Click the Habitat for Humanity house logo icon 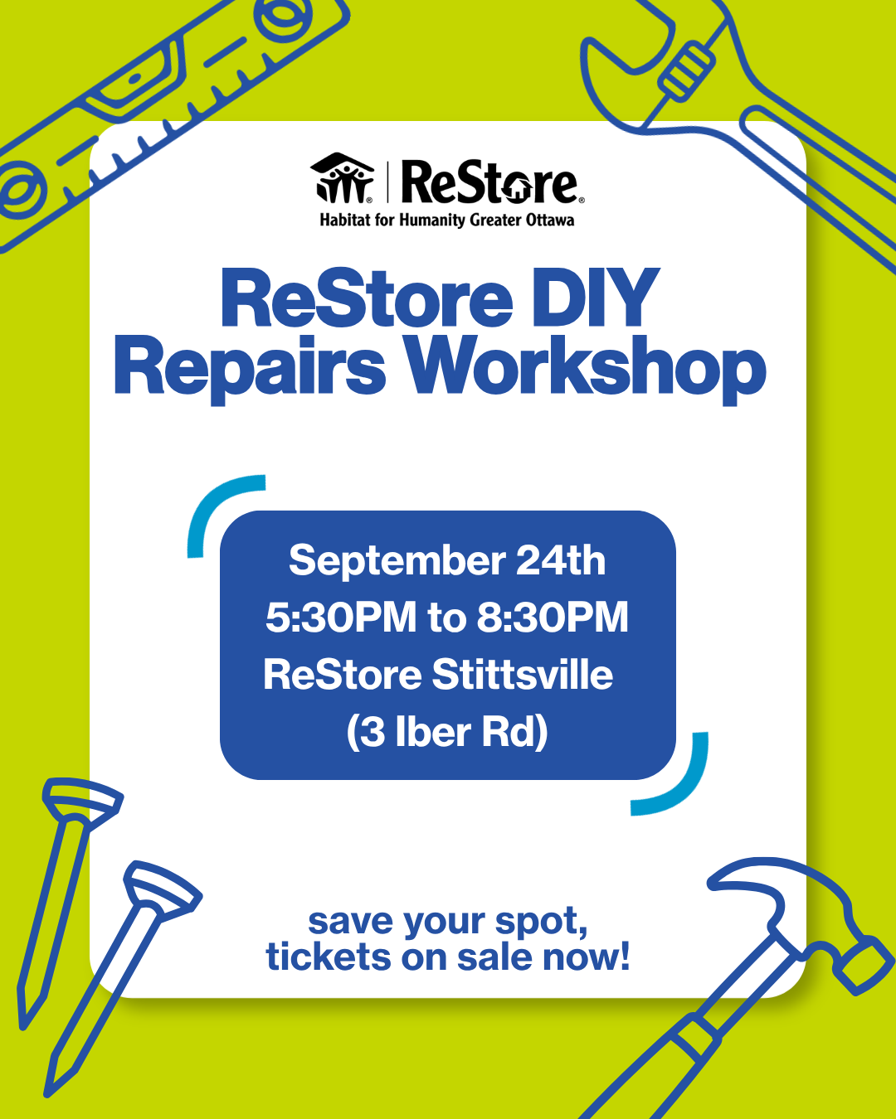pyautogui.click(x=342, y=178)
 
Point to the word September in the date pyautogui.click(x=397, y=560)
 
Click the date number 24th pyautogui.click(x=561, y=560)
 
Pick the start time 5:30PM pyautogui.click(x=341, y=618)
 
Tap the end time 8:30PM pyautogui.click(x=553, y=618)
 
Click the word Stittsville pyautogui.click(x=522, y=675)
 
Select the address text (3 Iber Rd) pyautogui.click(x=447, y=732)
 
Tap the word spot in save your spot pyautogui.click(x=542, y=923)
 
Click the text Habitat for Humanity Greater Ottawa pyautogui.click(x=446, y=220)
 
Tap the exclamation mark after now pyautogui.click(x=623, y=955)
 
